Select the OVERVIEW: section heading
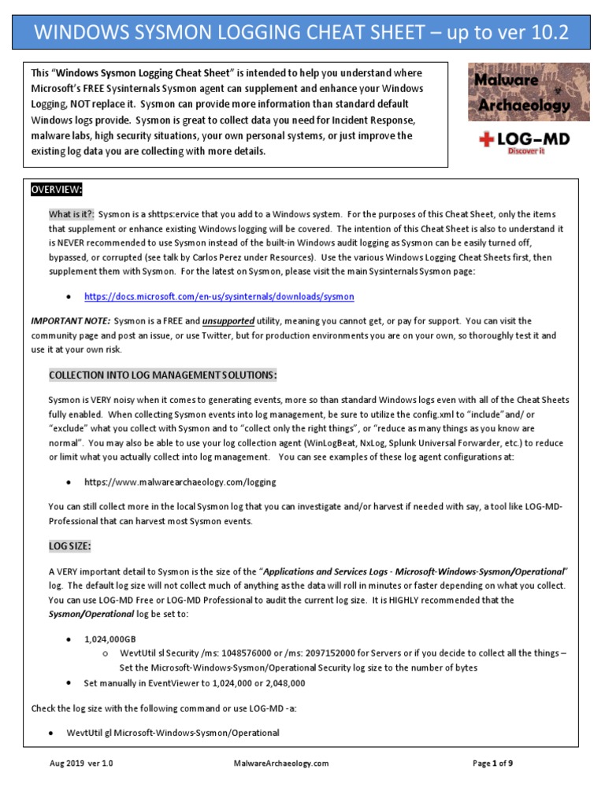[x=57, y=190]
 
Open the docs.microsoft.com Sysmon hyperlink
[x=218, y=297]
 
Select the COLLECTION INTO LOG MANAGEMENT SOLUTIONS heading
[x=162, y=374]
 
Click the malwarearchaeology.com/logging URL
[x=180, y=481]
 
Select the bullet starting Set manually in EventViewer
[x=194, y=683]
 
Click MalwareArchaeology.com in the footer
[x=281, y=763]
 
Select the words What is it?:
[x=72, y=214]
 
